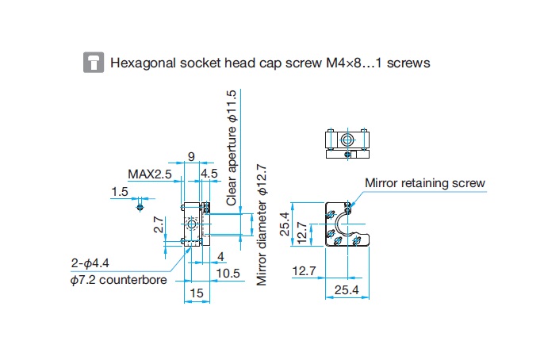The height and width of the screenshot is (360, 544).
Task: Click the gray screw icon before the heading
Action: coord(94,63)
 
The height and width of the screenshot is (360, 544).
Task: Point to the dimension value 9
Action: coord(191,156)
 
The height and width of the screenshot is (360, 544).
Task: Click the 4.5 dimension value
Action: coord(210,174)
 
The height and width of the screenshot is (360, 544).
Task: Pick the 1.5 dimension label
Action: coord(120,191)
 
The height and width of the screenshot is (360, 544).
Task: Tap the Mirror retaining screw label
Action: coord(424,183)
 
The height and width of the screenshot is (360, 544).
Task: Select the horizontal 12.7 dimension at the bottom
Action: coord(305,272)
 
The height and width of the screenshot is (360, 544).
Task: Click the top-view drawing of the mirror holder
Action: coord(347,143)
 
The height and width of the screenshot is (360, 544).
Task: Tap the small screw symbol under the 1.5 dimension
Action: coord(140,208)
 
